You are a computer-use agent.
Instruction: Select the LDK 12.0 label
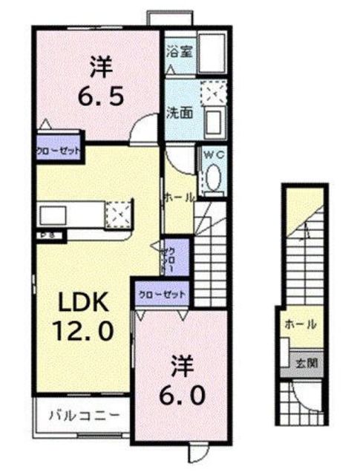click(83, 315)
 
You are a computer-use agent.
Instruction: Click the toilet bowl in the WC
click(212, 178)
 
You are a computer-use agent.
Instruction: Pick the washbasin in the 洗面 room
click(216, 119)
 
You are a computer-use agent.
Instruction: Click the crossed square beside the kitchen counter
click(119, 215)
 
